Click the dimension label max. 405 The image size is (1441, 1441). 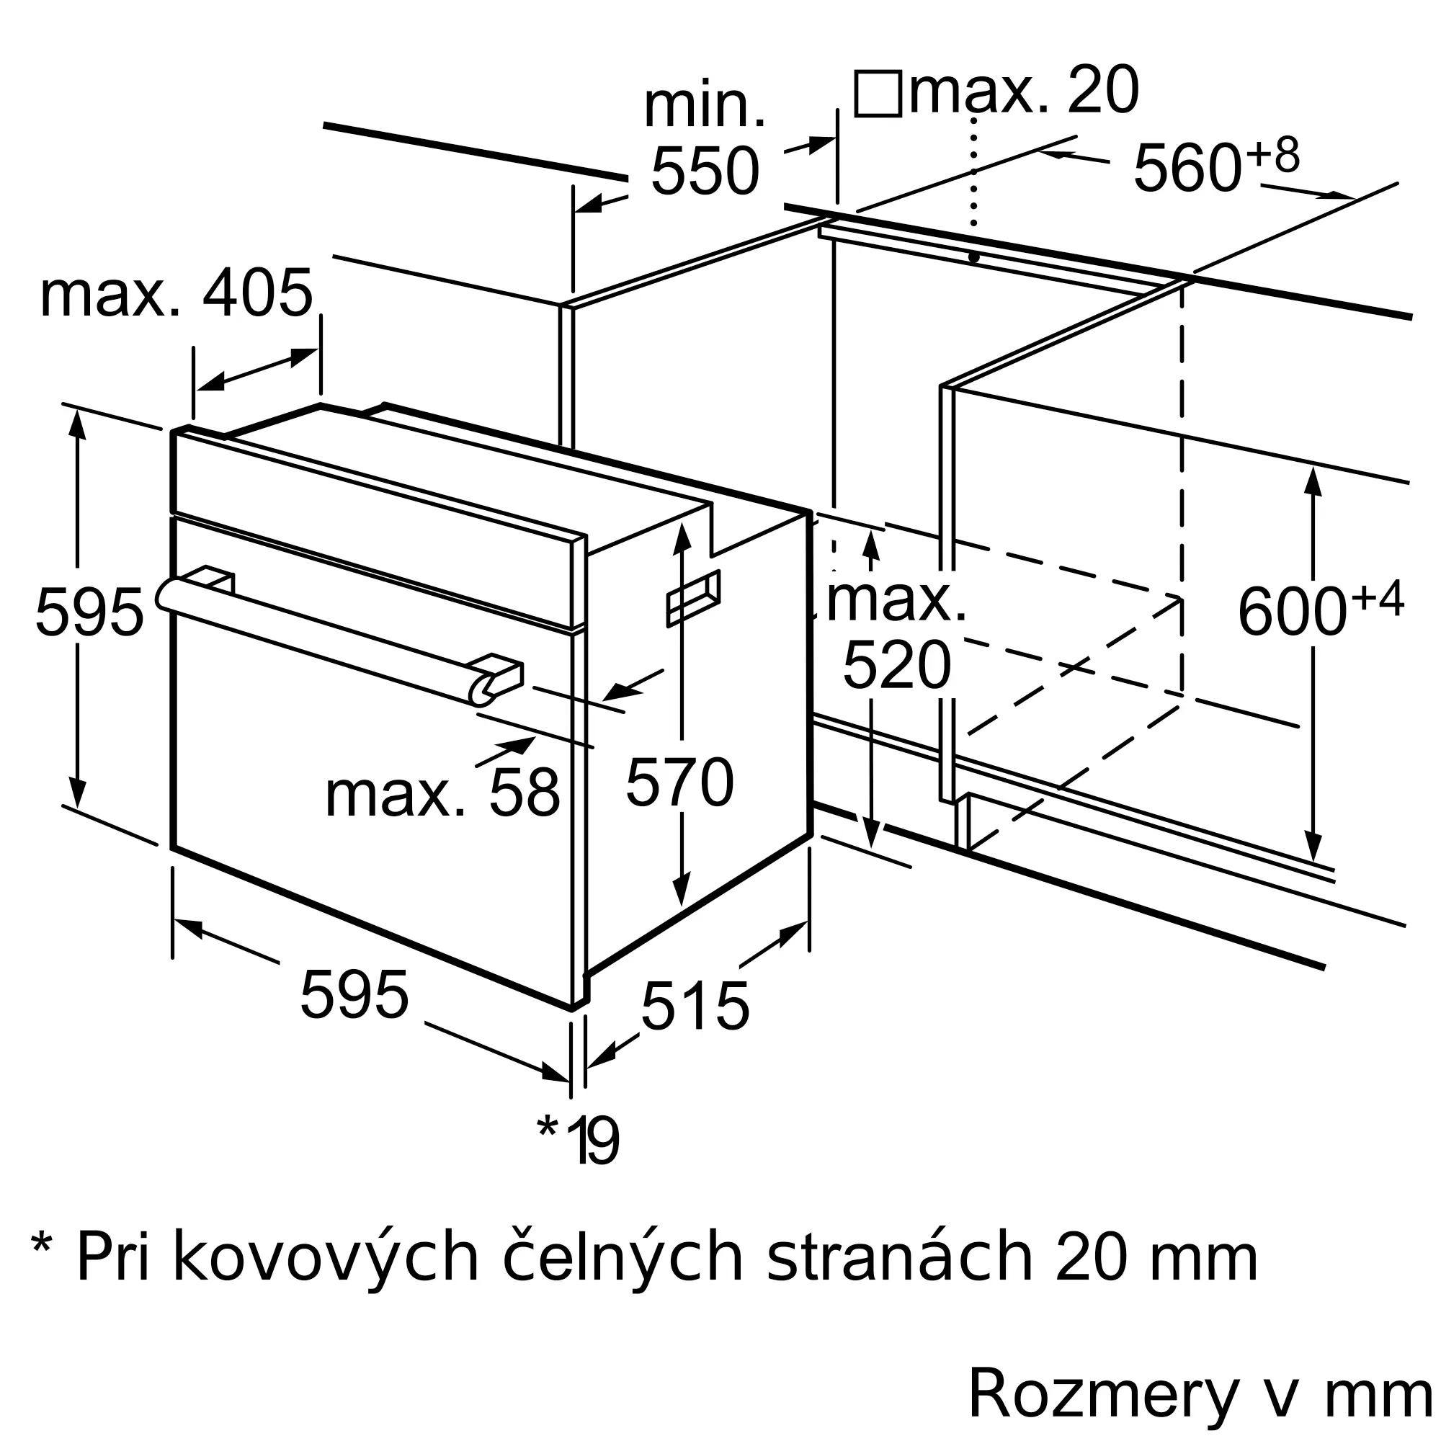[x=176, y=294]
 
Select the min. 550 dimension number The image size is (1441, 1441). [x=705, y=172]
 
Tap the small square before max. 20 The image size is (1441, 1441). [x=878, y=94]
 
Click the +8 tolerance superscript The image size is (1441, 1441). [x=1274, y=154]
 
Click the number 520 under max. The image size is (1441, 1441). [x=896, y=665]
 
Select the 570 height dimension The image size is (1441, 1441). [x=679, y=782]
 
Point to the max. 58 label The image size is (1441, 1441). [x=442, y=793]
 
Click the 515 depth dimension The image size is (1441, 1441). [x=695, y=1006]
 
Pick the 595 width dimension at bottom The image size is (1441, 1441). [x=354, y=994]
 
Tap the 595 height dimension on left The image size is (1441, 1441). [x=89, y=612]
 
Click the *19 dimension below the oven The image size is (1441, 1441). [x=578, y=1140]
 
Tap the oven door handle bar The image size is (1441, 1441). [x=340, y=642]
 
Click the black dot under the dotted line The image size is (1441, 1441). [x=973, y=257]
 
